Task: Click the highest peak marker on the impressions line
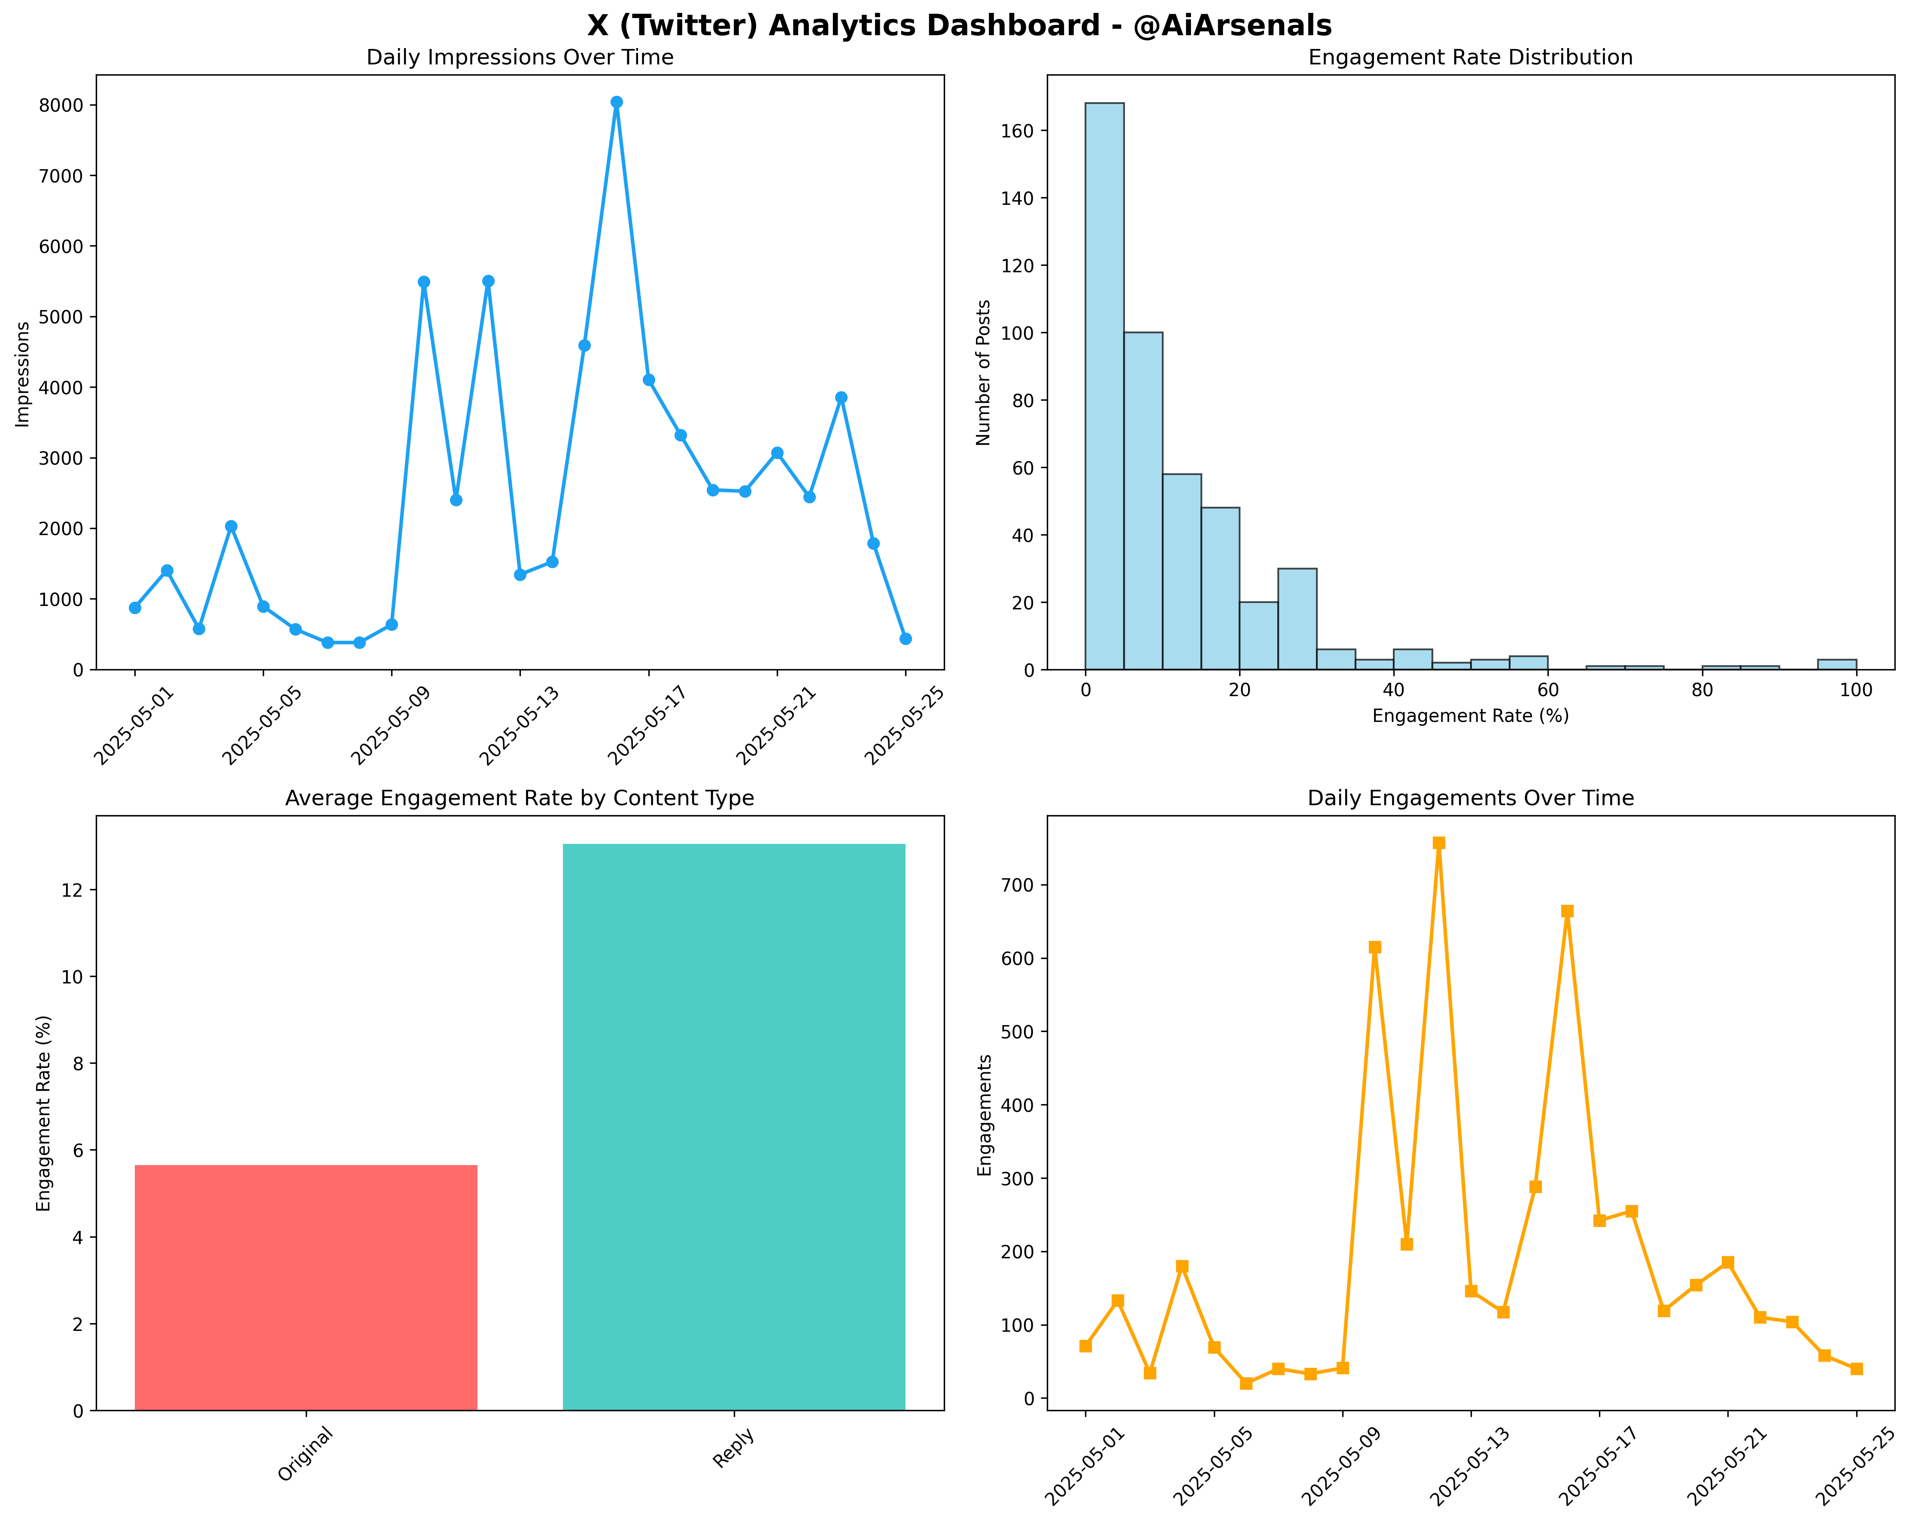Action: (x=616, y=102)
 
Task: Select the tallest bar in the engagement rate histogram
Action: (x=1104, y=386)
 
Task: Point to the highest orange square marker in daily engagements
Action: (x=1438, y=843)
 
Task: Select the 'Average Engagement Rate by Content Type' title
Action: (x=520, y=798)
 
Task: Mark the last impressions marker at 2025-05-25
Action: (x=906, y=639)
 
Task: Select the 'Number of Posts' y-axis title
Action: (x=984, y=372)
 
